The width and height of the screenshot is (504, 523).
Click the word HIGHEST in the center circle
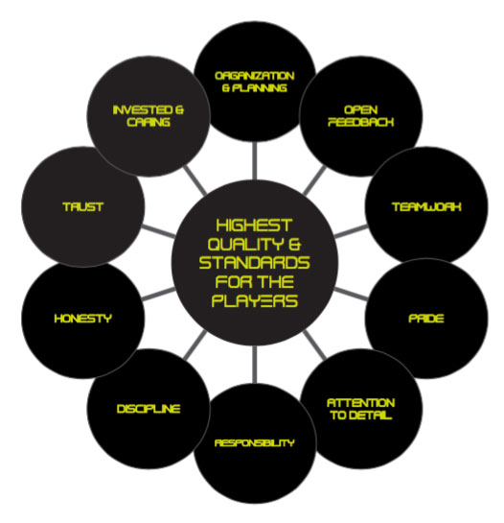254,226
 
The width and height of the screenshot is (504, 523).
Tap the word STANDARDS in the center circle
254,263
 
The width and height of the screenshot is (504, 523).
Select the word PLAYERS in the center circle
255,301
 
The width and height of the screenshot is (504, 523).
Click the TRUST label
83,207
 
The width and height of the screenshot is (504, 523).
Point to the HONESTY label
83,319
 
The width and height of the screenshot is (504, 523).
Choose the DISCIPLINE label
149,409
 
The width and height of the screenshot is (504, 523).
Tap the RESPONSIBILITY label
255,443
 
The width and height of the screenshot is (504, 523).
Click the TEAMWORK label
426,207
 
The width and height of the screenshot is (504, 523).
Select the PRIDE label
426,319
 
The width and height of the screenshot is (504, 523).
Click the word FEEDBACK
361,122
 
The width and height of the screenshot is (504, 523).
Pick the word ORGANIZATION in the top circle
255,76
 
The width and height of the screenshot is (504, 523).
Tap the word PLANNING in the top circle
260,88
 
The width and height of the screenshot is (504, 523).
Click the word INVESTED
143,110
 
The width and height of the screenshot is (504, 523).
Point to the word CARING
149,122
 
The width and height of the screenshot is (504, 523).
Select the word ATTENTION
361,403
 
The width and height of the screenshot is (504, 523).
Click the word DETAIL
371,416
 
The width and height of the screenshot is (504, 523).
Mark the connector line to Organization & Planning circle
255,161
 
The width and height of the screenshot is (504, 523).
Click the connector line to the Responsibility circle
255,365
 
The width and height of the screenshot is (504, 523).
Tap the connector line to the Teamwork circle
351,231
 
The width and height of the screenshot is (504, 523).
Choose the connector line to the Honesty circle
158,294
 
